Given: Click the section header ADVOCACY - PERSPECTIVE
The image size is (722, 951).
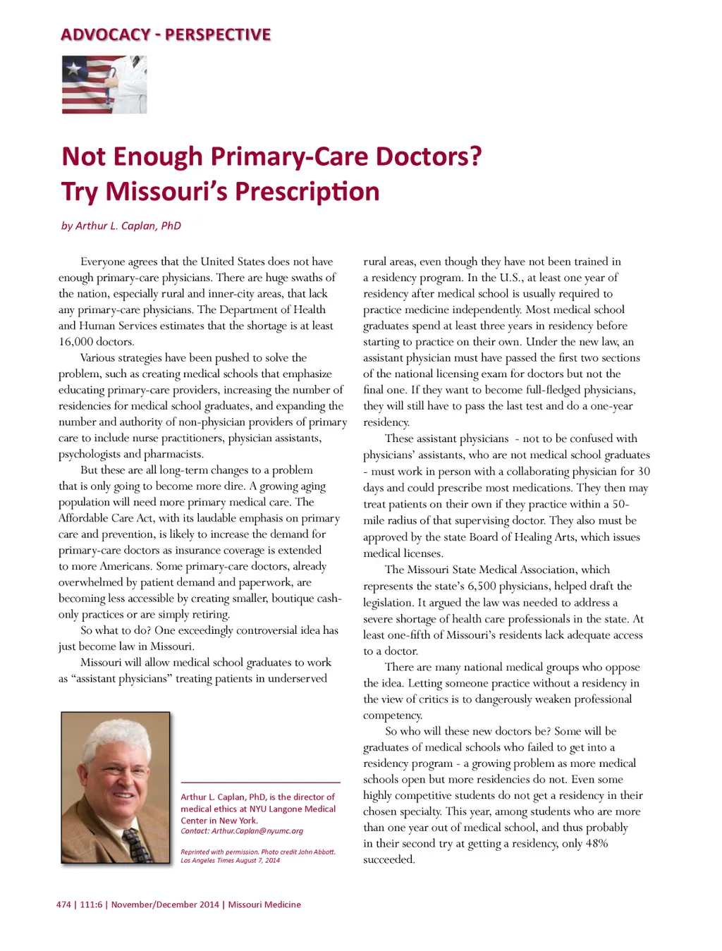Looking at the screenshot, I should click(166, 35).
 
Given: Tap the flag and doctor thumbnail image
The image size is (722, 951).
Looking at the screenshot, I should click(104, 85).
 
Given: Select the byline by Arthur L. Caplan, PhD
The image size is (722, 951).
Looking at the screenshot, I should click(121, 226).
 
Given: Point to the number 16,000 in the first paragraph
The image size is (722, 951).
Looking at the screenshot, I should click(78, 342).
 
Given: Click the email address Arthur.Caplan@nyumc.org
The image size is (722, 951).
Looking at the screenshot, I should click(257, 831).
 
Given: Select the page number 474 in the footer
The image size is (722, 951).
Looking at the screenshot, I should click(63, 904).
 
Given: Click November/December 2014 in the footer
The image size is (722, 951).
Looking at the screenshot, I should click(165, 904).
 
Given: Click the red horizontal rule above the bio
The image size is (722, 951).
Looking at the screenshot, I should click(260, 783).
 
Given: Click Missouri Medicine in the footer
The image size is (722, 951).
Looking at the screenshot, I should click(264, 904).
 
